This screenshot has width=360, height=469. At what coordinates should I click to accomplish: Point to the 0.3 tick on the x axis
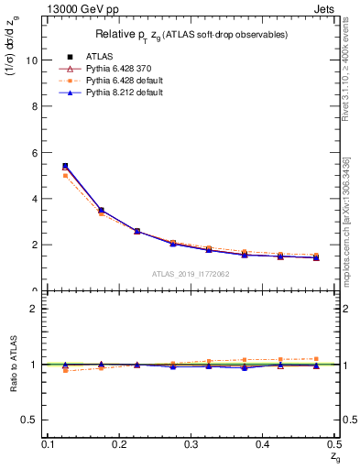191,444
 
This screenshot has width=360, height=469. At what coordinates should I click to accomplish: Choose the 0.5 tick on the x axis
335,444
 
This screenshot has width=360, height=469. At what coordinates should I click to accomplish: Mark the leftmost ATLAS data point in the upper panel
65,166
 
